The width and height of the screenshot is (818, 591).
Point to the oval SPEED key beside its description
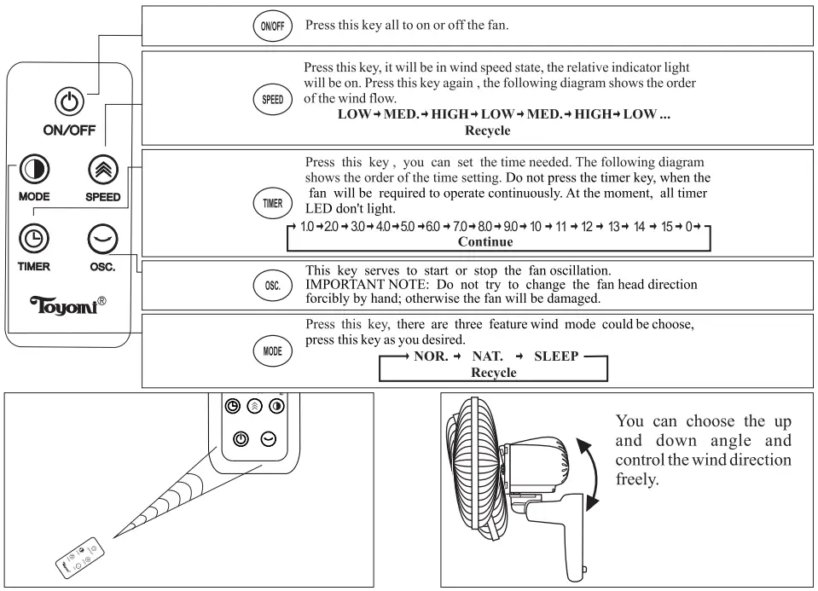(272, 98)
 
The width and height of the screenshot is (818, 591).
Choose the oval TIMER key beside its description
(270, 202)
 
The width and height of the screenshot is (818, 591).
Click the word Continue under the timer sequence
(485, 241)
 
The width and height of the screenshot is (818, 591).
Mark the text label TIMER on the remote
(34, 266)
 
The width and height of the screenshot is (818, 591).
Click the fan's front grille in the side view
(465, 481)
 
